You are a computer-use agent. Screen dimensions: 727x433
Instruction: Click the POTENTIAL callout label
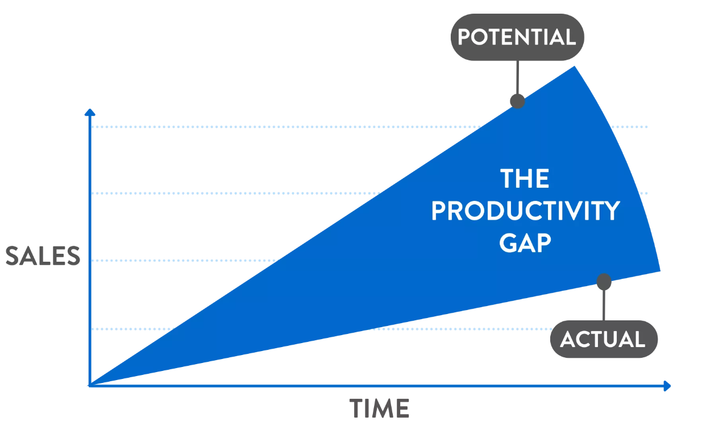coord(517,37)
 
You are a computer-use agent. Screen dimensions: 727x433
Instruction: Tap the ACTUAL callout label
coord(604,340)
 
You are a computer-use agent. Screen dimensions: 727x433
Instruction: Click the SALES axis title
coord(43,256)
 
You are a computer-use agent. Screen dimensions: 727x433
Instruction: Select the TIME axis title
coord(379,409)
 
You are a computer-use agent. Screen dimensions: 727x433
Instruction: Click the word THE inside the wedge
coord(525,178)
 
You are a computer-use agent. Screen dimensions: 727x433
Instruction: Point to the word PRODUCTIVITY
coord(526,211)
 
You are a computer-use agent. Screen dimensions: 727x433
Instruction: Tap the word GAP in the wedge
coord(525,243)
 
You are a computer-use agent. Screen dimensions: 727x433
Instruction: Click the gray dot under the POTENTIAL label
coord(517,101)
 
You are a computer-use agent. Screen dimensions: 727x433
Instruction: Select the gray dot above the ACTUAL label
coord(604,282)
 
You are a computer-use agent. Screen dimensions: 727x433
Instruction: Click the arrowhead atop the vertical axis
coord(90,112)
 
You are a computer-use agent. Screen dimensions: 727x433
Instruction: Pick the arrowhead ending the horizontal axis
coord(667,386)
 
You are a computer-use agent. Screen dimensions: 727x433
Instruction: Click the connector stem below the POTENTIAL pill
coord(517,77)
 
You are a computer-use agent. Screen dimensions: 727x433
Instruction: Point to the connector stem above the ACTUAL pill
coord(604,305)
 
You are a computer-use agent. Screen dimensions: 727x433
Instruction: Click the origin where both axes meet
coord(90,386)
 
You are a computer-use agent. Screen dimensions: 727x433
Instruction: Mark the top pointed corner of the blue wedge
coord(575,66)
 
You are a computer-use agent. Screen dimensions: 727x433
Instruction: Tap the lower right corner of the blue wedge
coord(660,271)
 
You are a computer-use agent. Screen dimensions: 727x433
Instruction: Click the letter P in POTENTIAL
coord(464,37)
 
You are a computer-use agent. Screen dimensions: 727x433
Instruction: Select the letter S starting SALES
coord(13,256)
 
